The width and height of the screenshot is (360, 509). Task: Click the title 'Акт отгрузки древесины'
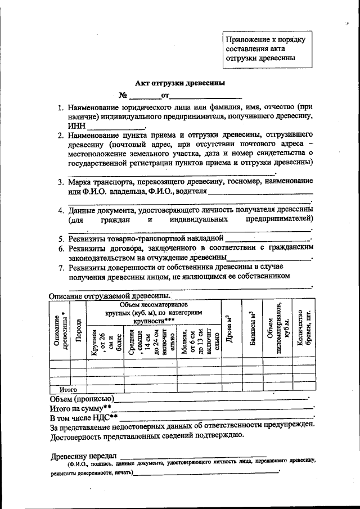(183, 83)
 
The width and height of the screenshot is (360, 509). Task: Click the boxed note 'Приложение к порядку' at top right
(265, 40)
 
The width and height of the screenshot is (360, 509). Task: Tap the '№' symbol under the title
(122, 95)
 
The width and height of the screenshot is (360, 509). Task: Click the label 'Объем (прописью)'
(80, 398)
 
